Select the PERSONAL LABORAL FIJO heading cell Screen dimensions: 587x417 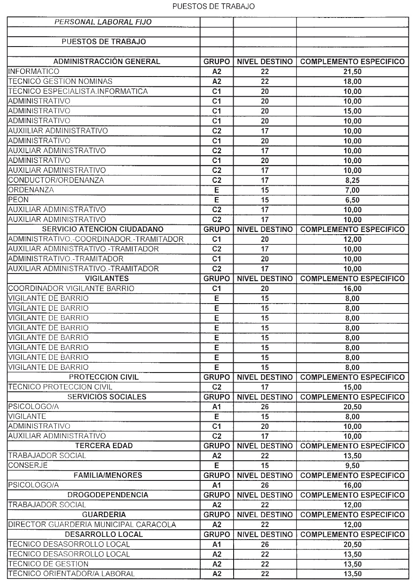[103, 22]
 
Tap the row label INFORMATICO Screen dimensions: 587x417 [34, 72]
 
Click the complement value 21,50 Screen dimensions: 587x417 [352, 72]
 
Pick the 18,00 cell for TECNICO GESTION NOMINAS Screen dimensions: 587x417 [352, 81]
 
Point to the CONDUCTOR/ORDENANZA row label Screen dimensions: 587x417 [56, 180]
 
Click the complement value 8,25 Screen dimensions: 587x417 [352, 180]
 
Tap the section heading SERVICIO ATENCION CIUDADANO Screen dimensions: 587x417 [103, 229]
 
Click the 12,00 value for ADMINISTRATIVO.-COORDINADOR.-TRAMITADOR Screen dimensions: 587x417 [352, 239]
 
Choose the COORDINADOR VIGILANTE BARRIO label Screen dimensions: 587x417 [71, 288]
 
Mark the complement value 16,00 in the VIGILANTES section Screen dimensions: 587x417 [352, 288]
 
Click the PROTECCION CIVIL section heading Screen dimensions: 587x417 [104, 377]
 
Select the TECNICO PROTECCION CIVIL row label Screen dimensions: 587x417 [60, 387]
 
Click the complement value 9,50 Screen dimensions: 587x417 [352, 466]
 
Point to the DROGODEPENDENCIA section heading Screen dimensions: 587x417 [108, 495]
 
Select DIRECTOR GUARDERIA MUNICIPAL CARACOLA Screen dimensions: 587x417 [92, 525]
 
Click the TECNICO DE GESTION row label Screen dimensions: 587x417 [48, 564]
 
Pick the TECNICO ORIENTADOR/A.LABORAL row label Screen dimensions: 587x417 [71, 574]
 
